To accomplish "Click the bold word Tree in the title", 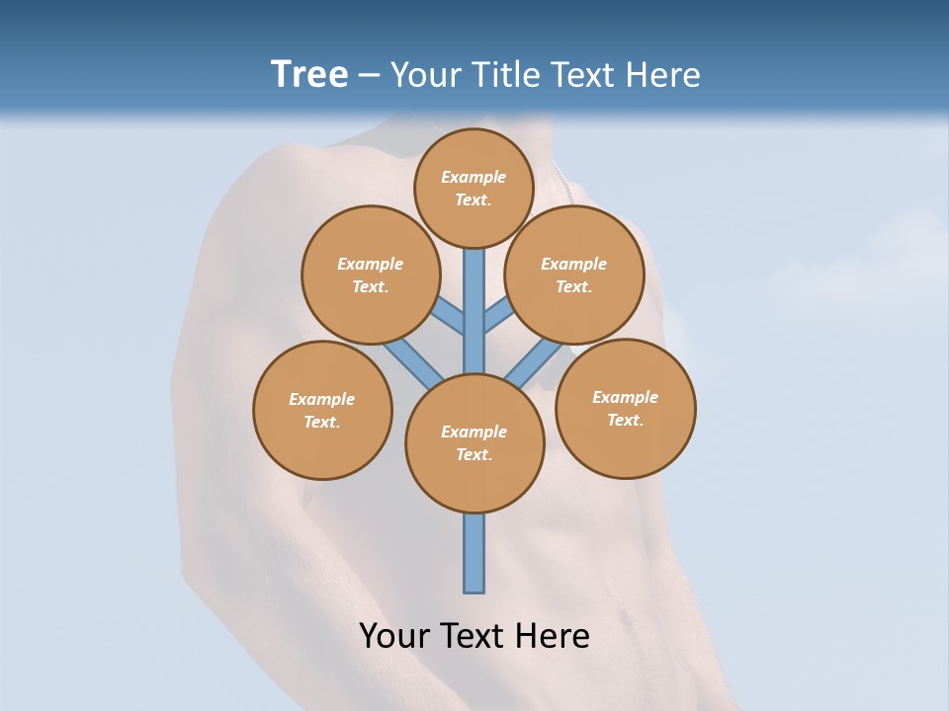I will pyautogui.click(x=309, y=75).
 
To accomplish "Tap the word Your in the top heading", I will pyautogui.click(x=424, y=75).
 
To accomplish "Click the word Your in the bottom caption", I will pyautogui.click(x=393, y=636).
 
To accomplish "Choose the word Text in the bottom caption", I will pyautogui.click(x=473, y=636).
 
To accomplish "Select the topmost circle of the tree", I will pyautogui.click(x=474, y=188).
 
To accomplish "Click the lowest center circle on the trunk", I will pyautogui.click(x=474, y=443).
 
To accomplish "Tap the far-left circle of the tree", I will pyautogui.click(x=322, y=411).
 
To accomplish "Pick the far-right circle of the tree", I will pyautogui.click(x=625, y=409).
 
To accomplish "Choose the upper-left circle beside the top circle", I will pyautogui.click(x=370, y=275).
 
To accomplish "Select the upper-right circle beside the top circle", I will pyautogui.click(x=573, y=275).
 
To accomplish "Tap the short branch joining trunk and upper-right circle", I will pyautogui.click(x=498, y=316).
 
